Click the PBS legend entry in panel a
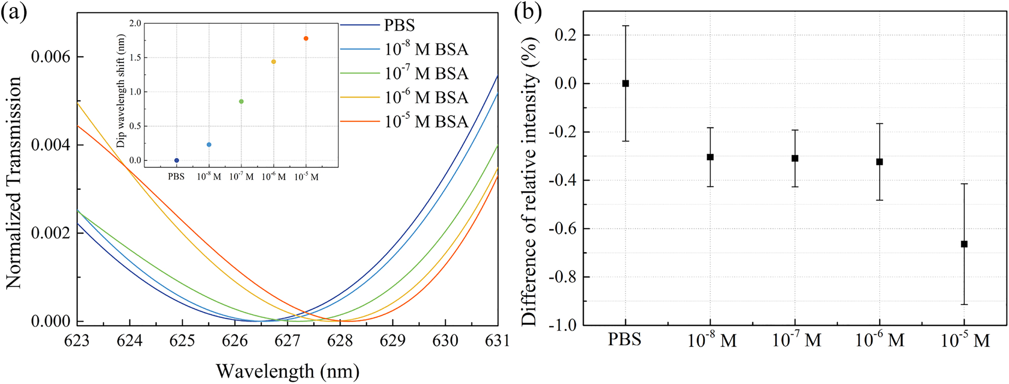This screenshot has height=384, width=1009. (x=399, y=25)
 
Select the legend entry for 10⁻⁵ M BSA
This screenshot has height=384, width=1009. (x=426, y=122)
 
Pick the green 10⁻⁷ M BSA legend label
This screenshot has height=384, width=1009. (x=426, y=74)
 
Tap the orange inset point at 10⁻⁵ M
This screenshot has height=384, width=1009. (x=306, y=39)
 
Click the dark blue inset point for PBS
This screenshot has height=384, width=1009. (x=177, y=160)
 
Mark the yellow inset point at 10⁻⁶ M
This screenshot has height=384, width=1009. (x=274, y=62)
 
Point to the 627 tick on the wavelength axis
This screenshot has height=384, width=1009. (x=287, y=340)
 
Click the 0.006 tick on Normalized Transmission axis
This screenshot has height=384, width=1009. (x=50, y=57)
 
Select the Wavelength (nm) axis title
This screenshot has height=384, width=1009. (x=287, y=371)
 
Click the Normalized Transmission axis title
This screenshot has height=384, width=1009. (x=14, y=183)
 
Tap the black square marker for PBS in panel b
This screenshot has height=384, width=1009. (x=625, y=83)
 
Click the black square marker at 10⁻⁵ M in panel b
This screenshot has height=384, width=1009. (x=964, y=244)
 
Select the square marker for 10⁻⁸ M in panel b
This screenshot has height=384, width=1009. (x=710, y=157)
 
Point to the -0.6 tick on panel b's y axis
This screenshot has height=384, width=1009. (x=562, y=229)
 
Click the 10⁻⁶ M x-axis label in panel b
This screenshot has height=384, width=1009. (x=880, y=339)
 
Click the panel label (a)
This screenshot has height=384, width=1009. (x=14, y=11)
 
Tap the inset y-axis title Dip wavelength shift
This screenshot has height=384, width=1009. (x=121, y=91)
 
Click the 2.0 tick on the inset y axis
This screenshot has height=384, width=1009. (x=135, y=23)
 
